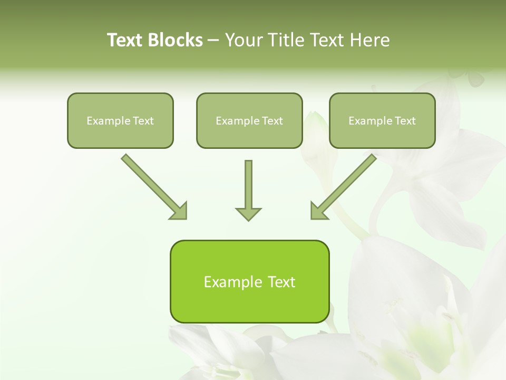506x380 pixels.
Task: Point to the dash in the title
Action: point(213,40)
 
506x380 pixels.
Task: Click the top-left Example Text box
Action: point(120,120)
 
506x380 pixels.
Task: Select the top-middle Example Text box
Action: point(249,120)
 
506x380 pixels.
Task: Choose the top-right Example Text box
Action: point(382,120)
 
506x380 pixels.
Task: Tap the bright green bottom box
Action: point(249,281)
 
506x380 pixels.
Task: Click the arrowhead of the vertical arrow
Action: point(248,213)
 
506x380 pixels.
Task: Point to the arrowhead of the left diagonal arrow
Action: point(179,211)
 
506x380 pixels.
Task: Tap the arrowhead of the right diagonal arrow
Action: point(318,211)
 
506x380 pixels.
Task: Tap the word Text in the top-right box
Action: point(405,121)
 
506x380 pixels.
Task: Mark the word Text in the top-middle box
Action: point(272,121)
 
